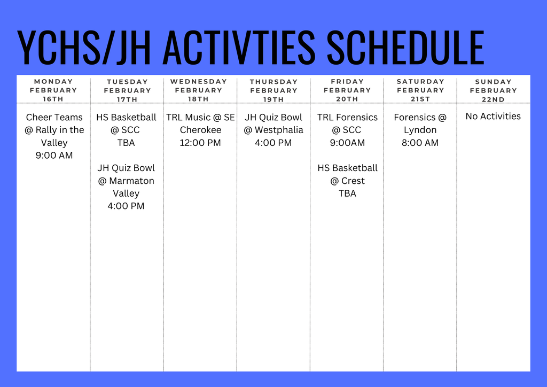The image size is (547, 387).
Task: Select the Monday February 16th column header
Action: [53, 90]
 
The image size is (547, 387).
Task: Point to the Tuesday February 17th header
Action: [127, 90]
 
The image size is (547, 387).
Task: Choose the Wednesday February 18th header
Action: [199, 90]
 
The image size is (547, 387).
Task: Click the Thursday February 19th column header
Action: [273, 90]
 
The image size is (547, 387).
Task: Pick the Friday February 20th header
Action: [347, 90]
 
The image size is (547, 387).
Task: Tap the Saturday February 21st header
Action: [420, 90]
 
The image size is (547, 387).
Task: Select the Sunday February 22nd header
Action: [494, 90]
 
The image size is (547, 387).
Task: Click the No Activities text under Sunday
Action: [493, 116]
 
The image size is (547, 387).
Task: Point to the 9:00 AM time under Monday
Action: [54, 156]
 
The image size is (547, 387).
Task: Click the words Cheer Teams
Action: [54, 117]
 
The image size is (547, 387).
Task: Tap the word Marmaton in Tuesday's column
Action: [131, 181]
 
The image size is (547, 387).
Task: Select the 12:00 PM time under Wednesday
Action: [200, 143]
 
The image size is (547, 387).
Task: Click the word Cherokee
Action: [200, 130]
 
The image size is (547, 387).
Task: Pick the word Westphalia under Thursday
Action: [279, 130]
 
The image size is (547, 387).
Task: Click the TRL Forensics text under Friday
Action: [347, 117]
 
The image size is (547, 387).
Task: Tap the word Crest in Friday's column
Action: [353, 181]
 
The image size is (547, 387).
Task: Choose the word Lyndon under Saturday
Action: [420, 130]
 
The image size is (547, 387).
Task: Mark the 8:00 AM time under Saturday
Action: [420, 143]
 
